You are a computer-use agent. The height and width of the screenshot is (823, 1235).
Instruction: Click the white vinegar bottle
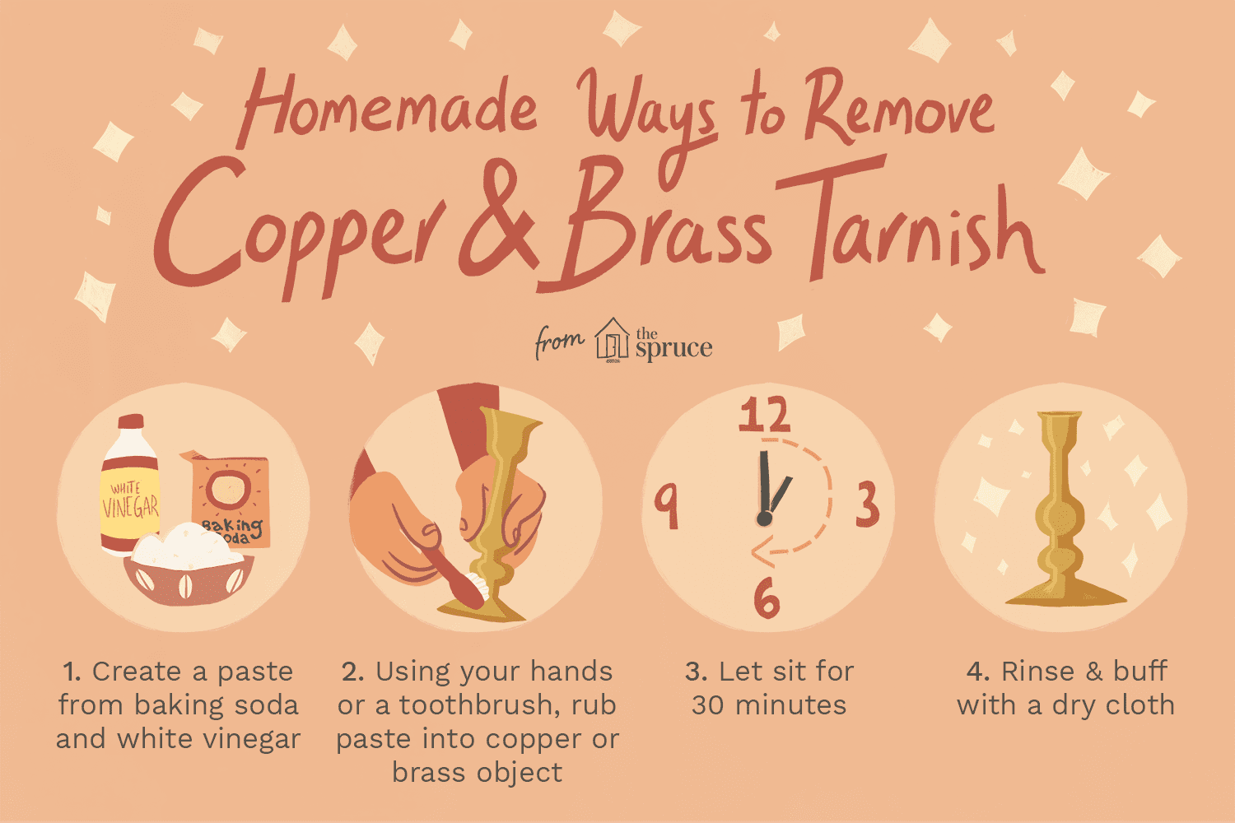pyautogui.click(x=129, y=485)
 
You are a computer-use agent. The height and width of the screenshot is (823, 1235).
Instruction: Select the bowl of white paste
pyautogui.click(x=189, y=565)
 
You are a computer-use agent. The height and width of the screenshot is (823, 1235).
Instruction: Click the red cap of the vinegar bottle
pyautogui.click(x=131, y=422)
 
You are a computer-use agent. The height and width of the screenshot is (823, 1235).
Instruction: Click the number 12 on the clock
pyautogui.click(x=765, y=415)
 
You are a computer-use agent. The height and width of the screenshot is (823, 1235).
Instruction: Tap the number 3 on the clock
pyautogui.click(x=867, y=504)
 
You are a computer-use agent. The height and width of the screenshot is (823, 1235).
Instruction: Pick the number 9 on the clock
pyautogui.click(x=667, y=507)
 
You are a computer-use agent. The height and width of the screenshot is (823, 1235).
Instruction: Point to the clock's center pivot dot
pyautogui.click(x=764, y=518)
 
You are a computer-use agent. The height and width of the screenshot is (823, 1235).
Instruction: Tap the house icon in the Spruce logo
pyautogui.click(x=612, y=340)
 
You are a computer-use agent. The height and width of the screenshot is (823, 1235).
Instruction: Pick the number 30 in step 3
pyautogui.click(x=706, y=705)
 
